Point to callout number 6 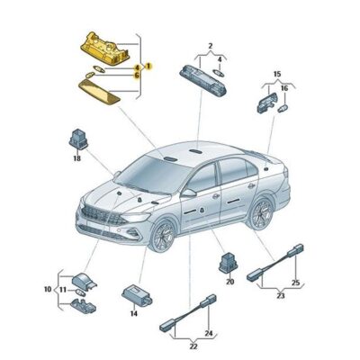click(x=137, y=76)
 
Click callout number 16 click(x=285, y=88)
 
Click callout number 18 click(x=77, y=158)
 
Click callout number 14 click(x=133, y=313)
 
